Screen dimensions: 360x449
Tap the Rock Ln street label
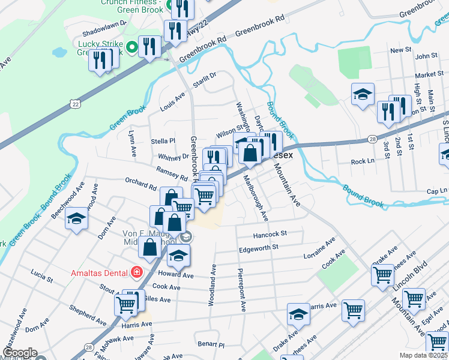pos(362,162)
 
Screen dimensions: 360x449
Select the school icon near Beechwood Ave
pos(76,219)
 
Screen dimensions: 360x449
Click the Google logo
pos(19,353)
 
